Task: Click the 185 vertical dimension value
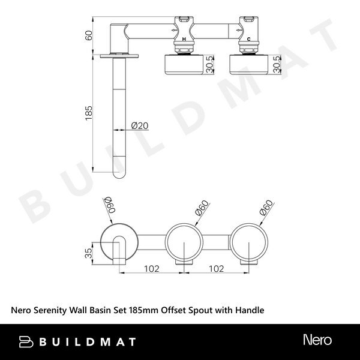click(x=88, y=113)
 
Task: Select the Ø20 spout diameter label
click(x=140, y=126)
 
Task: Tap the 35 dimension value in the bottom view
click(x=89, y=253)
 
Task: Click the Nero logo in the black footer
click(x=317, y=341)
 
